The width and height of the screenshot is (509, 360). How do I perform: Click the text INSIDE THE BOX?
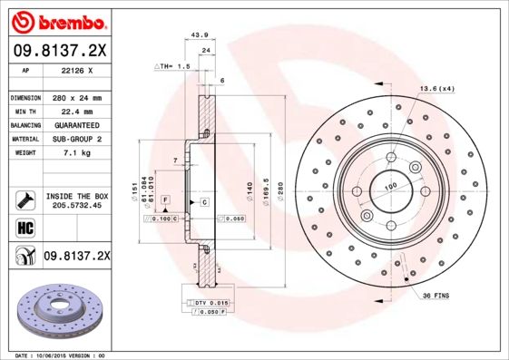76,196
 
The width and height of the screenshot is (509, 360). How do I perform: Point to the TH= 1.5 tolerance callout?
173,66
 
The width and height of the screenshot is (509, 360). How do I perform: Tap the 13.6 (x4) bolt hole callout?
436,88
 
